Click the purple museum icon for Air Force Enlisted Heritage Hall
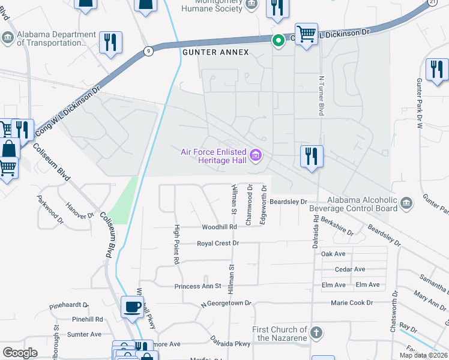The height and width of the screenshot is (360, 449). (x=256, y=156)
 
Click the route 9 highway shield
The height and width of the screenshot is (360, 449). (x=148, y=51)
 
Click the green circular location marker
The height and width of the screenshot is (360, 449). (x=278, y=41)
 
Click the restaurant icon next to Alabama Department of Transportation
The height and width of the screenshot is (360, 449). (x=110, y=42)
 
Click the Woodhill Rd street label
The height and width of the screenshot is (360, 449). (x=220, y=227)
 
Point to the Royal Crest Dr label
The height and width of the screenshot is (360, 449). (x=218, y=244)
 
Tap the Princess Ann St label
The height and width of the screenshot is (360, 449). (x=198, y=286)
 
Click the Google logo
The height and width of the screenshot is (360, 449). (x=20, y=352)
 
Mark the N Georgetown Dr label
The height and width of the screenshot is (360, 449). (x=227, y=304)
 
